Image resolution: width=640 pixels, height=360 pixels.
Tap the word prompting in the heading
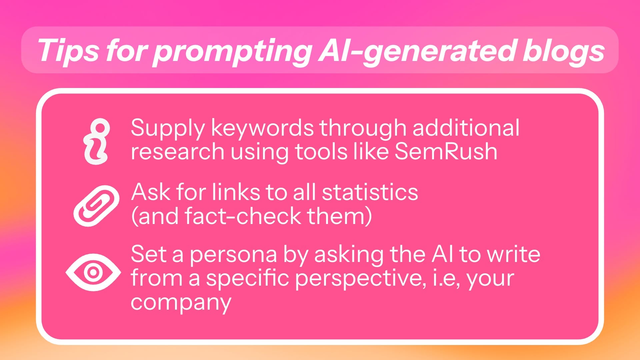click(232, 52)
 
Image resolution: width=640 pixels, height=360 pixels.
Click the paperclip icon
click(96, 206)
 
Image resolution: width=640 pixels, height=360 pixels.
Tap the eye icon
click(93, 272)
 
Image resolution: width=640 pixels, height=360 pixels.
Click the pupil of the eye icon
click(93, 272)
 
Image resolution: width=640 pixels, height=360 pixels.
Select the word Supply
click(168, 129)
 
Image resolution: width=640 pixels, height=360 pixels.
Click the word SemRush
click(446, 152)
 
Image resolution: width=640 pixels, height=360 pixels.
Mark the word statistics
click(370, 192)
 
